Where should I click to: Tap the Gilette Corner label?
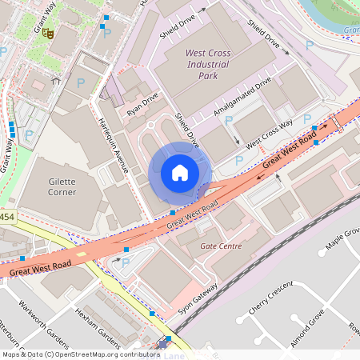point(62,186)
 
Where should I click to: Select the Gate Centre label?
point(220,246)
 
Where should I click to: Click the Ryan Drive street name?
point(142,103)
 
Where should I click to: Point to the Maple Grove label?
point(340,238)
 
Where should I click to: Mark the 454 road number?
point(6,217)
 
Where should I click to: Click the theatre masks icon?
point(48,34)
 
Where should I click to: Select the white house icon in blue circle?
point(179,173)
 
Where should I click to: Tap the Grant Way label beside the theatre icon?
point(43,18)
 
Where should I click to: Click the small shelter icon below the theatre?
point(55,80)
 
